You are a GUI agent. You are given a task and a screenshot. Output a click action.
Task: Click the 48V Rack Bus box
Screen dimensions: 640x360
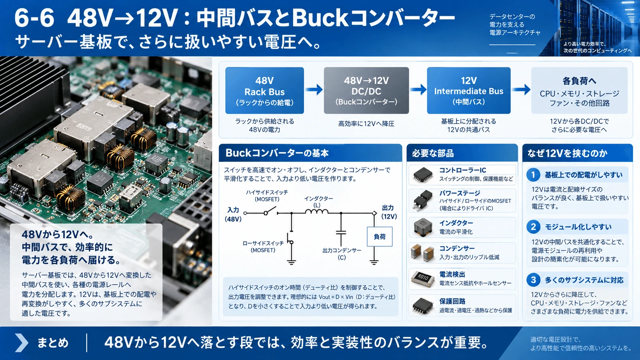[264, 91]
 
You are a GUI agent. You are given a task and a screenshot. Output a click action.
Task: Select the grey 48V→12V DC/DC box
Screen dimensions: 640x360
[366, 91]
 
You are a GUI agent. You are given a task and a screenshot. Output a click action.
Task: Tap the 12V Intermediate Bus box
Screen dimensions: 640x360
[469, 91]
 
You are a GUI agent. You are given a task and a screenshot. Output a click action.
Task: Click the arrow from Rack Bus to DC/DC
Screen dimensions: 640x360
[314, 90]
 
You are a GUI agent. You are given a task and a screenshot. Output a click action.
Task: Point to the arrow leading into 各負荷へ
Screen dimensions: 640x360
[521, 90]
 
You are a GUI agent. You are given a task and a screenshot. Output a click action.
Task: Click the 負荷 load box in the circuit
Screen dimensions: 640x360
[379, 237]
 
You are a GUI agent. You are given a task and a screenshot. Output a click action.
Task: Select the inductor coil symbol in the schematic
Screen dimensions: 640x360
[317, 212]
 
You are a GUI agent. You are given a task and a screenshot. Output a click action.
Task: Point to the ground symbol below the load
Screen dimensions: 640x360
[374, 262]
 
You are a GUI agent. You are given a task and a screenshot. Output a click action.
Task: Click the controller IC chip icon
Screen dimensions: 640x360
[423, 174]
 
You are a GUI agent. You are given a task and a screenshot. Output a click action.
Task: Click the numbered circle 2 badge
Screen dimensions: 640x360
[533, 227]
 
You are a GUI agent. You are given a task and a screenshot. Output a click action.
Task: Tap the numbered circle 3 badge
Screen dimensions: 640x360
[533, 280]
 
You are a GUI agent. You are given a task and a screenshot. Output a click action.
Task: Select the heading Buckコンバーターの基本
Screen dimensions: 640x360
[277, 153]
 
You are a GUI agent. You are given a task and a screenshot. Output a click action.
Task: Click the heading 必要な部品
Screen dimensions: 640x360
[433, 153]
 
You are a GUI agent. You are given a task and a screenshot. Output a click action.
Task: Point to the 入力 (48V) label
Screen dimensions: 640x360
[233, 214]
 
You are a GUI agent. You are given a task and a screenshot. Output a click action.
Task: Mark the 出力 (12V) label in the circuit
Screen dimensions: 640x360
[389, 212]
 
